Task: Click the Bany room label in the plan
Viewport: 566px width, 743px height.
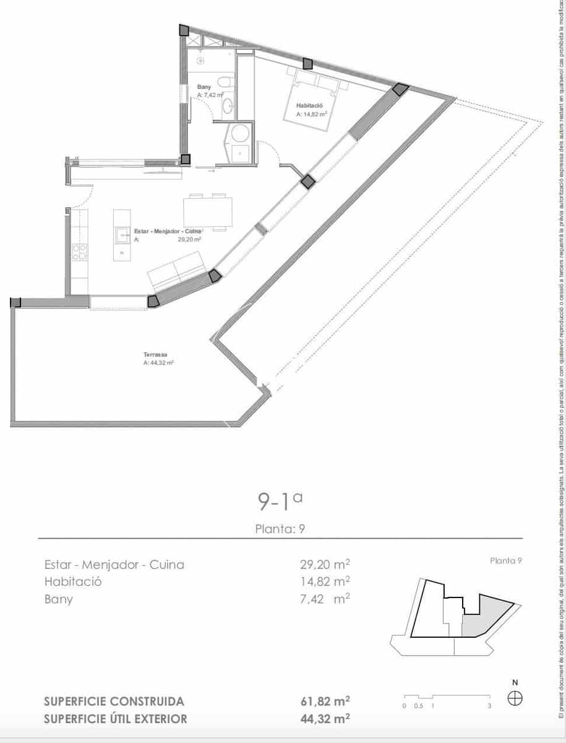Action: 204,87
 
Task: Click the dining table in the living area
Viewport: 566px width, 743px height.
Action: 209,211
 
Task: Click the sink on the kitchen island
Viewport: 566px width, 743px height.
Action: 121,235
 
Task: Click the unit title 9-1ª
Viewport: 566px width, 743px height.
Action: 280,501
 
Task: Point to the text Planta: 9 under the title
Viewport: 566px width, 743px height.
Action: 280,529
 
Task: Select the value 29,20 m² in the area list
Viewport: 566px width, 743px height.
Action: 325,565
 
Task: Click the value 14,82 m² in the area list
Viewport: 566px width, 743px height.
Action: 325,582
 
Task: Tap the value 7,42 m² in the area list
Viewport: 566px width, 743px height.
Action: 325,599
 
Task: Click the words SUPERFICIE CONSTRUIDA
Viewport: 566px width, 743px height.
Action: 114,702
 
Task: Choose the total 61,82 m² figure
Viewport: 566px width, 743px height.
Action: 325,702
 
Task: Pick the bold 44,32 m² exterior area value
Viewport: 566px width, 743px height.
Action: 325,719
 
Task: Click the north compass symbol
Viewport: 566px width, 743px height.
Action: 515,698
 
